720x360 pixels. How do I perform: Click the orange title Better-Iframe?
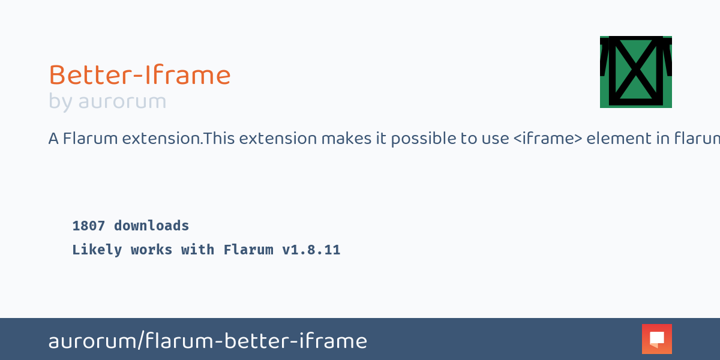pyautogui.click(x=139, y=76)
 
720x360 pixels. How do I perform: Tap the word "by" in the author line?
pyautogui.click(x=60, y=102)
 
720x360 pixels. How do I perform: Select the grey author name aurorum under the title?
pyautogui.click(x=122, y=102)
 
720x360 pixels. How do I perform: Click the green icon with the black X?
pyautogui.click(x=635, y=72)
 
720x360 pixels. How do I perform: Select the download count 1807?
pyautogui.click(x=89, y=226)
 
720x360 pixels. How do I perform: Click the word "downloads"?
pyautogui.click(x=151, y=226)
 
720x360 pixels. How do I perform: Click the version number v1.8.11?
pyautogui.click(x=311, y=250)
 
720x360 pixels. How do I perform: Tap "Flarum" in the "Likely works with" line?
pyautogui.click(x=248, y=250)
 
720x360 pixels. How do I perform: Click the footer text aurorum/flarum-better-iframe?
pyautogui.click(x=208, y=341)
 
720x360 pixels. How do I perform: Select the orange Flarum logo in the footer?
pyautogui.click(x=656, y=339)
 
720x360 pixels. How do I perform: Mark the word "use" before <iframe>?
pyautogui.click(x=497, y=139)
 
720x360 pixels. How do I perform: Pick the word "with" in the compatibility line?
pyautogui.click(x=197, y=250)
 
